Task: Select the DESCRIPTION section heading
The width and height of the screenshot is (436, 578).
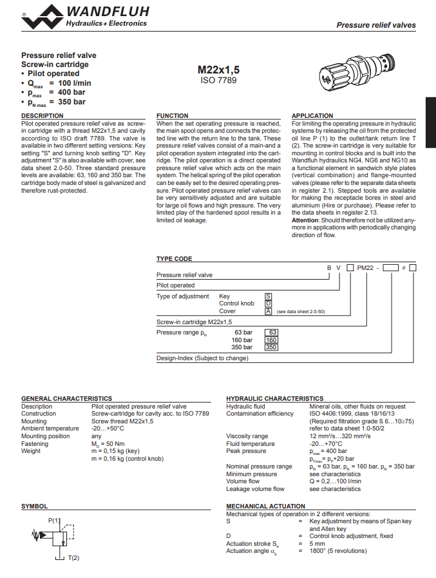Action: pos(43,116)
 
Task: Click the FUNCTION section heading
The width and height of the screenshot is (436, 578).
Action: pos(173,116)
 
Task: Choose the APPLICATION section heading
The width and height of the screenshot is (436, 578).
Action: pos(312,116)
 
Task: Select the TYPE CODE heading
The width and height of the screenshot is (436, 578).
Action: pos(174,259)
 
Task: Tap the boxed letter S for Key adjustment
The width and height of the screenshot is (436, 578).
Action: pos(269,296)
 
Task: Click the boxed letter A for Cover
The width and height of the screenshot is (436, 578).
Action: pos(269,311)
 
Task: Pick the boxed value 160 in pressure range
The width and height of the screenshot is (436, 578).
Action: pos(271,340)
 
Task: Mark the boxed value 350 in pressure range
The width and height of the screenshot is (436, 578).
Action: pos(271,347)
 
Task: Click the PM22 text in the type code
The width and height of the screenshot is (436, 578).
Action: pos(365,267)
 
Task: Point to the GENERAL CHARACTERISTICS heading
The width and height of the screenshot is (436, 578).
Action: pos(66,399)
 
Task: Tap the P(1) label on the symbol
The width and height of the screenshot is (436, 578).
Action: pos(54,520)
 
